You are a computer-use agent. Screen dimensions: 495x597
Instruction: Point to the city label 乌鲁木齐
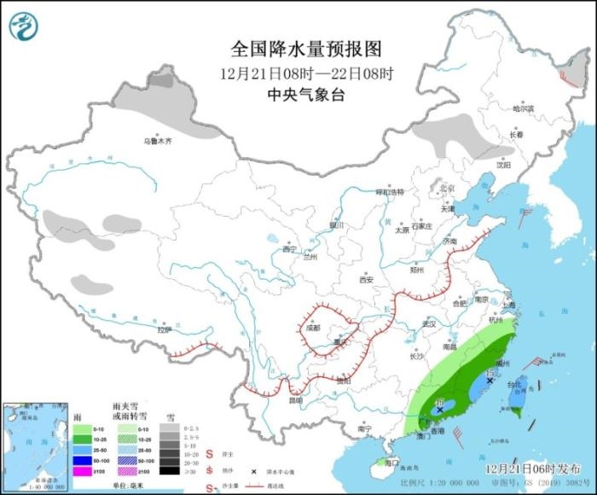click(157, 141)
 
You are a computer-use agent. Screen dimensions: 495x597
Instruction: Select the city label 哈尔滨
click(523, 109)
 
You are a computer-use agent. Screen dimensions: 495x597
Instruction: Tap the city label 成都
click(312, 328)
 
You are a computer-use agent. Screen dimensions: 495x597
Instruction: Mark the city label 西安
click(367, 279)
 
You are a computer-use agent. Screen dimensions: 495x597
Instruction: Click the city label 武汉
click(428, 324)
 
